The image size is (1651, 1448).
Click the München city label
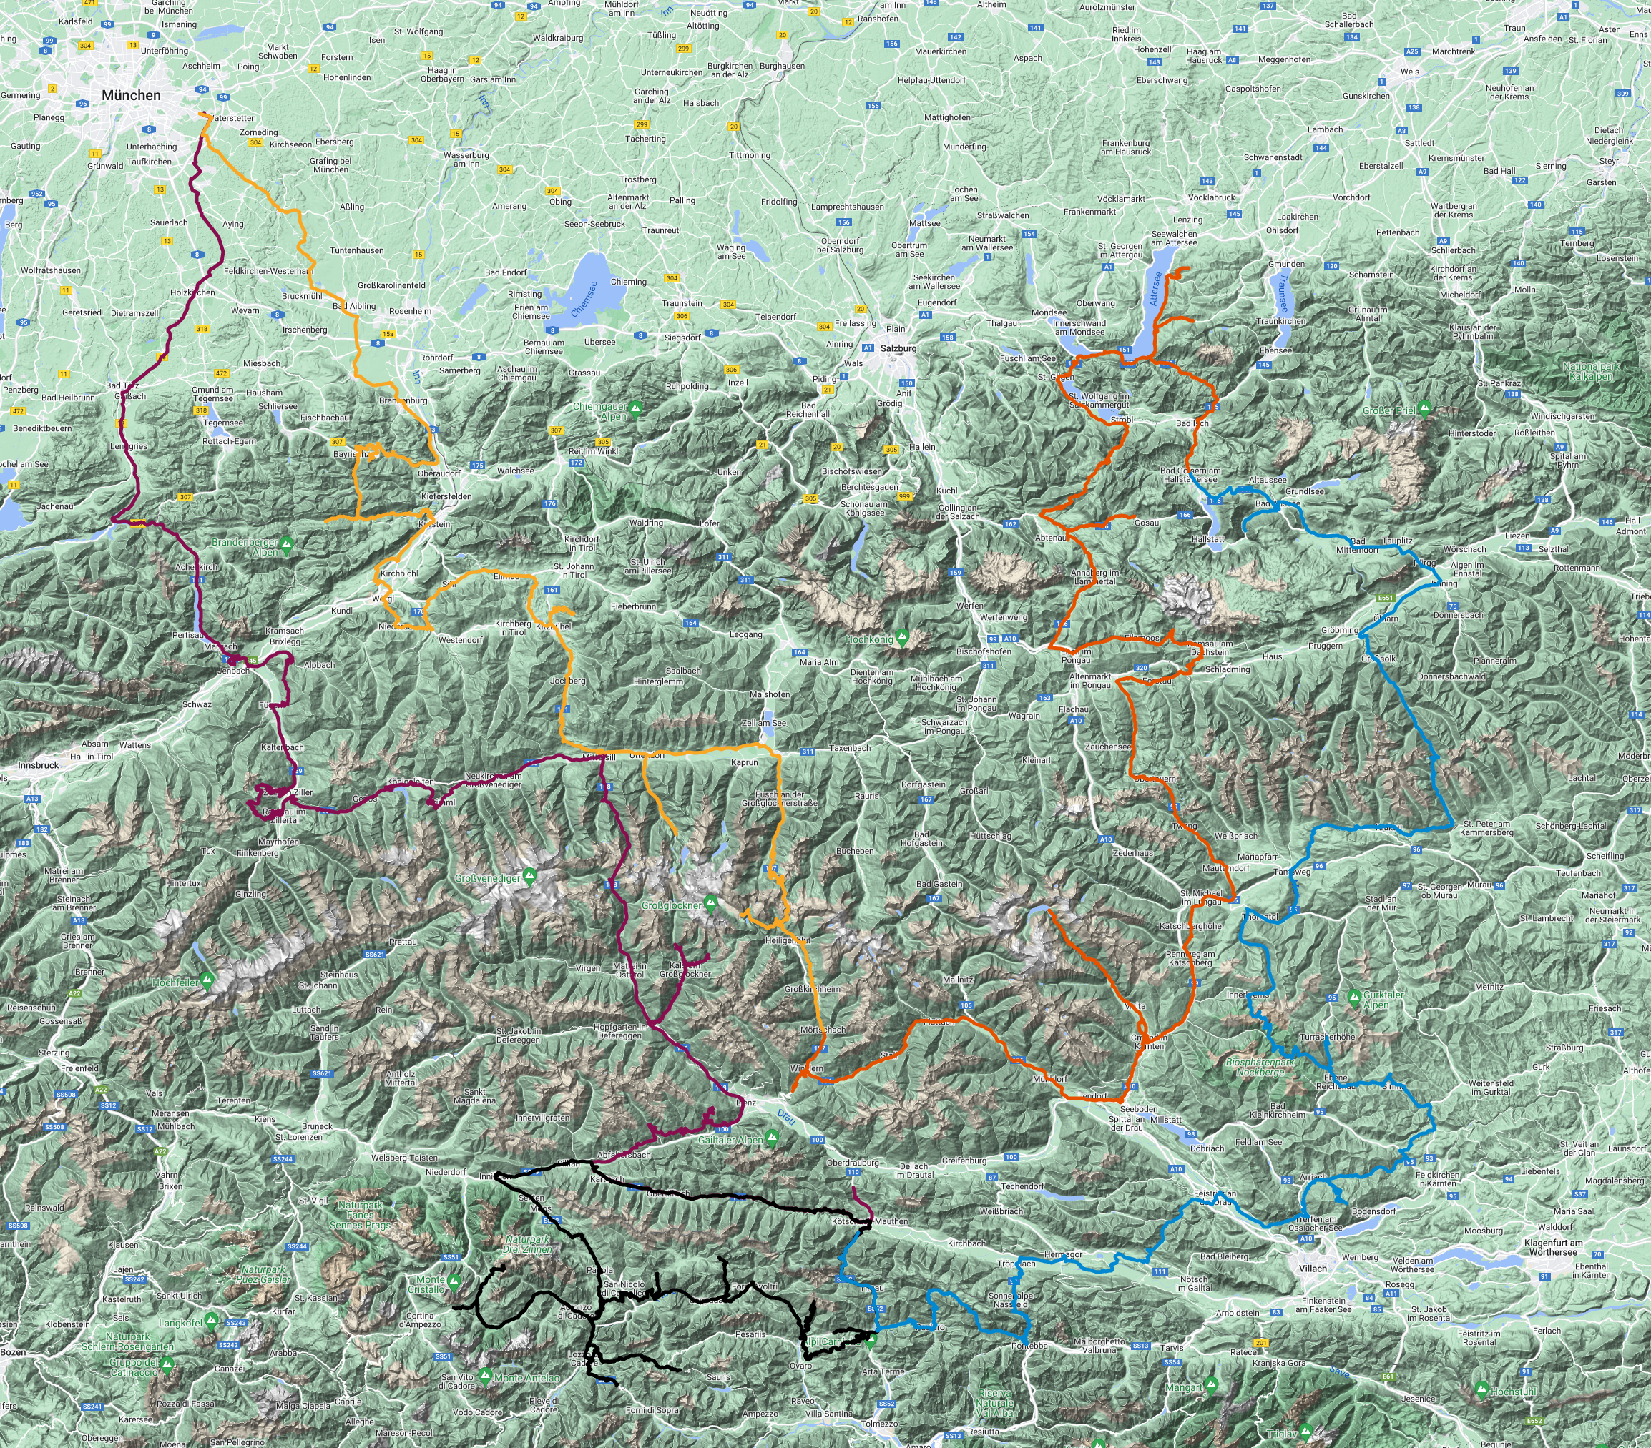pos(131,95)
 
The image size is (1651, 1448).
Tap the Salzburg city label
pos(898,348)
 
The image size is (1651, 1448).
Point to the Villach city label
pos(1312,1268)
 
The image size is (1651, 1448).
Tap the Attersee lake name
pos(1157,288)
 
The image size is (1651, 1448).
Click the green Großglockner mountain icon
pos(710,902)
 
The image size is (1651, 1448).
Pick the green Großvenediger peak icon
pos(529,875)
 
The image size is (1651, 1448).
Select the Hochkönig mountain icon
pos(902,637)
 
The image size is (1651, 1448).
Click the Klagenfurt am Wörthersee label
pos(1552,1247)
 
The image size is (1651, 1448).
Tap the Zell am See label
pos(763,723)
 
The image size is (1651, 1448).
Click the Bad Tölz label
pos(124,385)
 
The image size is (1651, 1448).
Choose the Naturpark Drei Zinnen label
pos(526,1244)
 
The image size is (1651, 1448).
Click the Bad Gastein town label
pos(939,884)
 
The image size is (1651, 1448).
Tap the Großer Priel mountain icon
pos(1425,408)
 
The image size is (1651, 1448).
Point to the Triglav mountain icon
pos(1306,1431)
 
